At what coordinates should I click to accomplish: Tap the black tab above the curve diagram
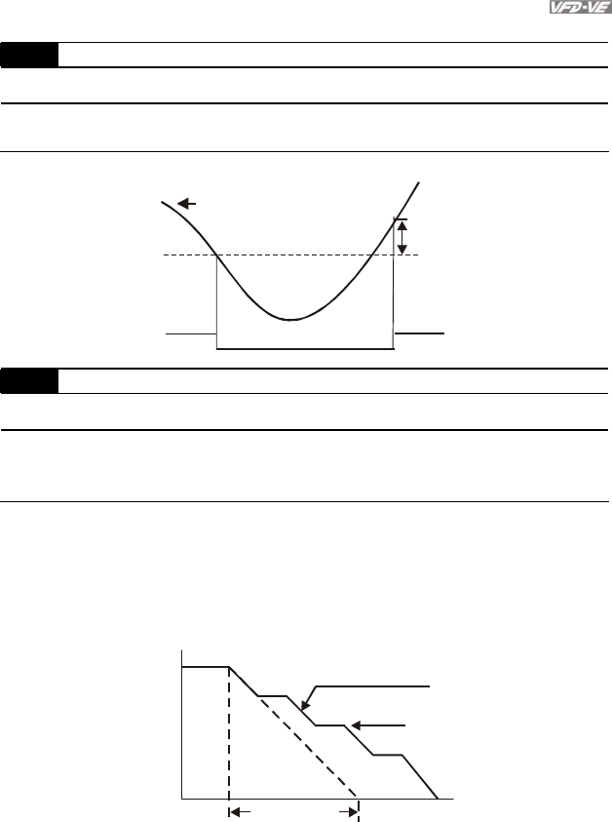(x=29, y=55)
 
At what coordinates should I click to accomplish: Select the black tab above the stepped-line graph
(x=29, y=380)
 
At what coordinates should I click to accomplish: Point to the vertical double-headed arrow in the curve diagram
(x=401, y=235)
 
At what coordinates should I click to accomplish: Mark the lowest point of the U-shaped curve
(x=290, y=319)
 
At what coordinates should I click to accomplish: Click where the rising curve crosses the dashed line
(x=375, y=254)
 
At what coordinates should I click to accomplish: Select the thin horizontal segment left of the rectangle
(x=190, y=333)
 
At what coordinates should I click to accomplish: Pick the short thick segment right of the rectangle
(x=419, y=333)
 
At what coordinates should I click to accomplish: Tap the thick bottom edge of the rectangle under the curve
(x=304, y=348)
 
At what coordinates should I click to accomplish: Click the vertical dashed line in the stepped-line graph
(x=229, y=731)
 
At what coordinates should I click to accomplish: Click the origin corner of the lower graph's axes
(x=182, y=798)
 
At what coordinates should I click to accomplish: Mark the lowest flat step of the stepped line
(x=389, y=756)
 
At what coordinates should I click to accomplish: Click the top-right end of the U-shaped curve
(x=419, y=182)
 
